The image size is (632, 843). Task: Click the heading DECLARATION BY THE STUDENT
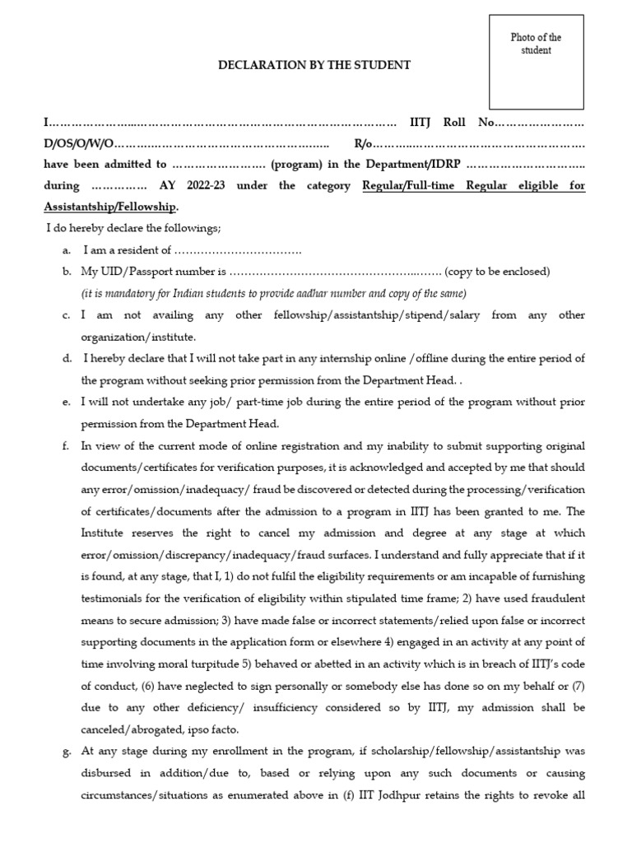click(314, 65)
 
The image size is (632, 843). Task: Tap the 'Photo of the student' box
click(536, 62)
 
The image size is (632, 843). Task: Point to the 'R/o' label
click(363, 143)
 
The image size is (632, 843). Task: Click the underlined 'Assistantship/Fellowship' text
click(109, 207)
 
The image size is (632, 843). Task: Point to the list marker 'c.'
click(66, 315)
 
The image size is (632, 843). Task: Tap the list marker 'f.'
click(66, 446)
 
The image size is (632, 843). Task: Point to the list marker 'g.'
click(66, 752)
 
